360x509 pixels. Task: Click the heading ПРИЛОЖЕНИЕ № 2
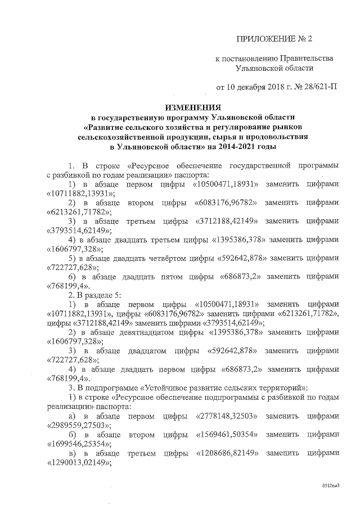[275, 39]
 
